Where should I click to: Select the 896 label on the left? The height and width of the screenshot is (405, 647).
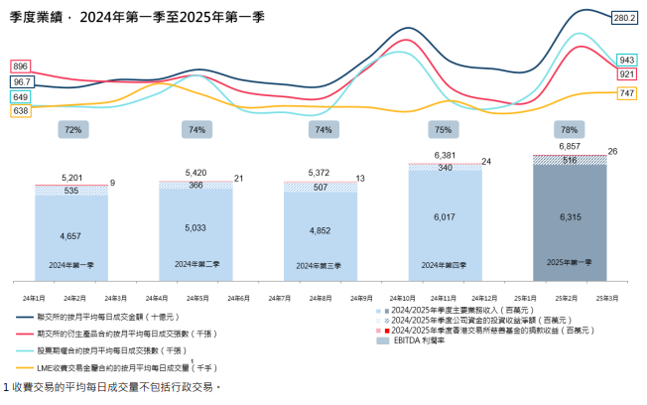click(21, 66)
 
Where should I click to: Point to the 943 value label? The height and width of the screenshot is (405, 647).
click(626, 59)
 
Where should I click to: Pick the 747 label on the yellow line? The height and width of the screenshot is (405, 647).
click(626, 92)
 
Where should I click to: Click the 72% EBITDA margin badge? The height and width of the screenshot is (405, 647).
click(72, 129)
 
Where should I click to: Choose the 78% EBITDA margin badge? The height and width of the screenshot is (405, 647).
click(569, 129)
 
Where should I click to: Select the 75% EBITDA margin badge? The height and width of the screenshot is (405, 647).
click(444, 129)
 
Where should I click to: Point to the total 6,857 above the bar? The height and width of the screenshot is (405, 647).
click(569, 146)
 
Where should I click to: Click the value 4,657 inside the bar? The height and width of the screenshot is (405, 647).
click(71, 237)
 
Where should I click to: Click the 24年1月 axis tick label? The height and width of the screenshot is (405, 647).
click(34, 298)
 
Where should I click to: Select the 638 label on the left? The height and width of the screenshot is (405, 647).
click(21, 111)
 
